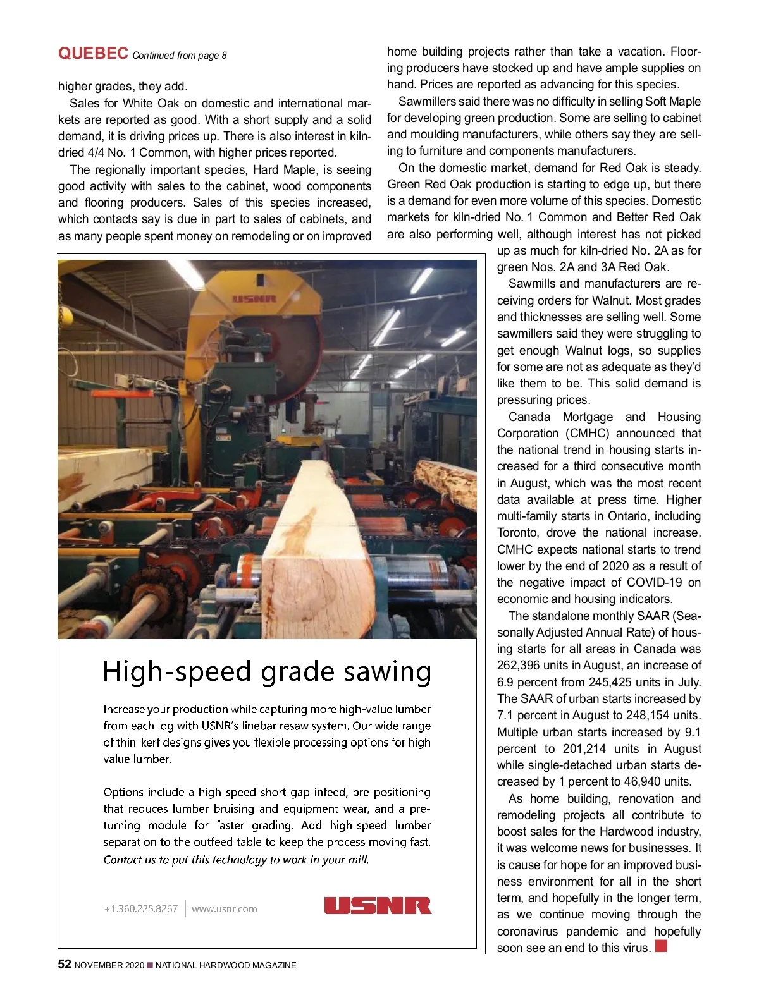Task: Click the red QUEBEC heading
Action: (93, 54)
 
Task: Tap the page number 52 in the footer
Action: (65, 965)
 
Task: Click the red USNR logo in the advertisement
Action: (378, 906)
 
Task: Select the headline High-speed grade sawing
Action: (267, 672)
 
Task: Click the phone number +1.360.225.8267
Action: (140, 909)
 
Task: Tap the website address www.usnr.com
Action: (224, 909)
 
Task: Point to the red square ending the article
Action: (661, 946)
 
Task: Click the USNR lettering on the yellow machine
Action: (254, 299)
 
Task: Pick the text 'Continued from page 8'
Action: (180, 56)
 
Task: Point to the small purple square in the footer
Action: (150, 965)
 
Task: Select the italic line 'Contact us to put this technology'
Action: (236, 860)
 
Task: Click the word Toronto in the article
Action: (517, 533)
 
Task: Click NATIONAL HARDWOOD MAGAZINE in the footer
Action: (226, 965)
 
